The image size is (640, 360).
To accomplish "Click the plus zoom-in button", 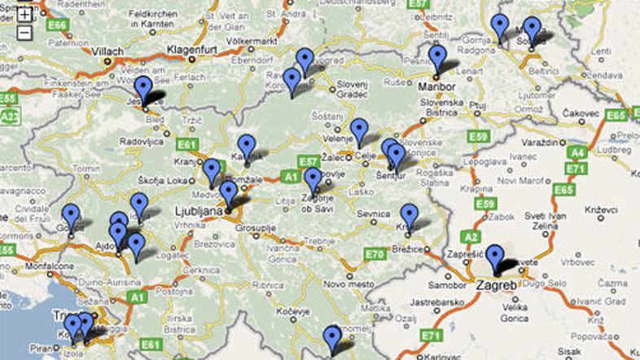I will click(24, 14).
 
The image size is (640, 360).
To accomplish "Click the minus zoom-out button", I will click(24, 33).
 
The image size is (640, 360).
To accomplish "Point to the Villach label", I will click(107, 51).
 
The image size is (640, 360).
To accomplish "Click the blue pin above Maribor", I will click(438, 59).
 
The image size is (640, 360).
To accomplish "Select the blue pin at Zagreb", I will click(495, 258).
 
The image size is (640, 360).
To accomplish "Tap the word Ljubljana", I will click(199, 212).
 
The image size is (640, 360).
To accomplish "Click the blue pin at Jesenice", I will click(143, 90).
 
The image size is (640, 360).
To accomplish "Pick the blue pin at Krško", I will click(409, 217).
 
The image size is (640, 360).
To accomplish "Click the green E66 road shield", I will click(56, 25).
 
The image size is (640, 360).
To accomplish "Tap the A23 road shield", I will click(10, 117).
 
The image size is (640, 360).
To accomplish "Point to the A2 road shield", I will click(470, 236).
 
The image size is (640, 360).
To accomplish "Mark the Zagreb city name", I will click(496, 286).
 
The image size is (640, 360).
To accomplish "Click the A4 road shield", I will click(577, 151).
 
